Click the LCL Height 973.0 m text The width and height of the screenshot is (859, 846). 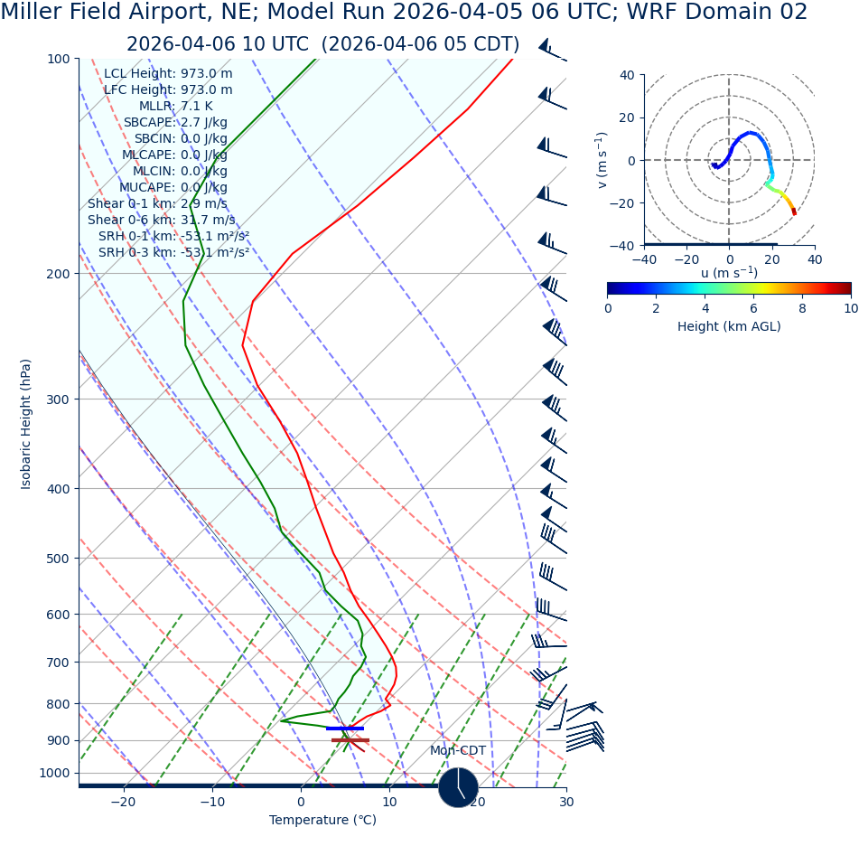(167, 73)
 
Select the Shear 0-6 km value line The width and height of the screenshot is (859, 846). (161, 220)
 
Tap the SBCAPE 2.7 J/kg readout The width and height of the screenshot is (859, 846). (175, 122)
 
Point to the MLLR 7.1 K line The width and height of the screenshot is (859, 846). (175, 106)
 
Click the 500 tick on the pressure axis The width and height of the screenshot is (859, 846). (58, 559)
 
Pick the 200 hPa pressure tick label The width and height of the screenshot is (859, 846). (58, 274)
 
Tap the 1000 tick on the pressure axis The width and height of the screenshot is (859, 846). (54, 773)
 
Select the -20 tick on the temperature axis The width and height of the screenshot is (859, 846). (123, 802)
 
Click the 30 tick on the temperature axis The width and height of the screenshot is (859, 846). (566, 802)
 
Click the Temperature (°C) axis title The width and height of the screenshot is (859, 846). (322, 820)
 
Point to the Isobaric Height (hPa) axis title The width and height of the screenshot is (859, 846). (26, 424)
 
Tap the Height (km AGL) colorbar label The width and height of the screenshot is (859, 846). (729, 326)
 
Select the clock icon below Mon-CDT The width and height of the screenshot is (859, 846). (458, 787)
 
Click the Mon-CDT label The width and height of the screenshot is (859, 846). (457, 750)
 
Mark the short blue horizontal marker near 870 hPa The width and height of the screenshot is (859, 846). (345, 728)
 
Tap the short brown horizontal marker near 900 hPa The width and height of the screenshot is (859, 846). (350, 740)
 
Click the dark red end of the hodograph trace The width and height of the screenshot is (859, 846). (794, 211)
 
